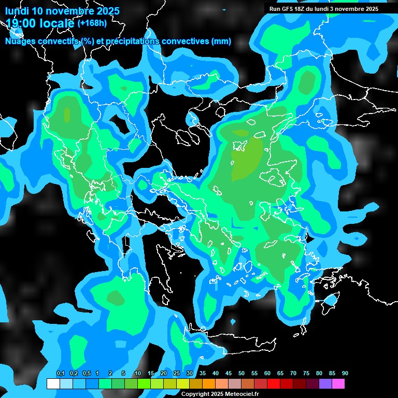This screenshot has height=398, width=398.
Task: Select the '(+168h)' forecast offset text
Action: (92, 23)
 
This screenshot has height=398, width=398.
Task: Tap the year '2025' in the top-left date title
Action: (105, 11)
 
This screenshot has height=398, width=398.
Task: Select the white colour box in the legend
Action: (53, 384)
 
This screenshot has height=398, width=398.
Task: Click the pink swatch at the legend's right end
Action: (338, 384)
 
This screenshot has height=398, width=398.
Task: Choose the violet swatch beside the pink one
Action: (325, 384)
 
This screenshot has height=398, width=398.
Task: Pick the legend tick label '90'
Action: (345, 373)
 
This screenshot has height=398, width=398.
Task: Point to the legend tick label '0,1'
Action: (61, 373)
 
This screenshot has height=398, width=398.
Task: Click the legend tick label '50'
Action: (241, 373)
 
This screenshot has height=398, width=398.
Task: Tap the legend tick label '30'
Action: (189, 373)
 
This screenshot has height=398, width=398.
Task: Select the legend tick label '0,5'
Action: (87, 373)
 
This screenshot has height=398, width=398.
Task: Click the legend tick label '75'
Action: (306, 373)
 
